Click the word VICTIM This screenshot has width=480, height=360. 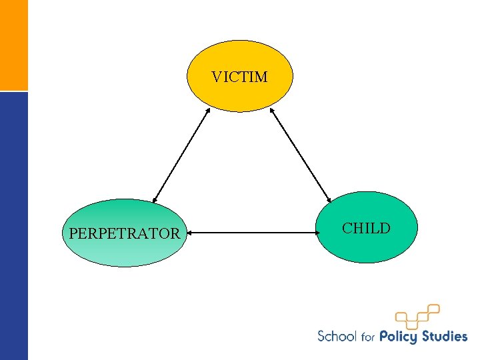240,77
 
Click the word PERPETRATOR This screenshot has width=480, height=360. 125,233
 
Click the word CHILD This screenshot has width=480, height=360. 366,229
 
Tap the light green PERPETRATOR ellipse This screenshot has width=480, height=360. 125,250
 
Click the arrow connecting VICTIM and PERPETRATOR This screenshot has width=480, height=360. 181,155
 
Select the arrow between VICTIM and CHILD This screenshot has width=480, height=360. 300,155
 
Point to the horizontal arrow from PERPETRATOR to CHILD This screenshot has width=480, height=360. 252,233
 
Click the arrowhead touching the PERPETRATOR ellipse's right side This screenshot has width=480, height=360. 190,233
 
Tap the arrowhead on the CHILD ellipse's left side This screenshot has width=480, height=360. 317,233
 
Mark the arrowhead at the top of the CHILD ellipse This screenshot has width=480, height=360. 329,199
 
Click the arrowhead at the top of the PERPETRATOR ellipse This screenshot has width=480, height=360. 154,199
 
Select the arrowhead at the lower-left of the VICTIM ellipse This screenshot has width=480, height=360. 207,111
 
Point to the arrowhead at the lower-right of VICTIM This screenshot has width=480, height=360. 272,111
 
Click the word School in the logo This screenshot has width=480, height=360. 337,336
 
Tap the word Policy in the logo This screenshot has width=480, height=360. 400,337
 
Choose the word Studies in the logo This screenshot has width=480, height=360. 445,336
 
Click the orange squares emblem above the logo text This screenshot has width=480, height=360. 417,315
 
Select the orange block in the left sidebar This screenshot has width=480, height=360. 14,45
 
